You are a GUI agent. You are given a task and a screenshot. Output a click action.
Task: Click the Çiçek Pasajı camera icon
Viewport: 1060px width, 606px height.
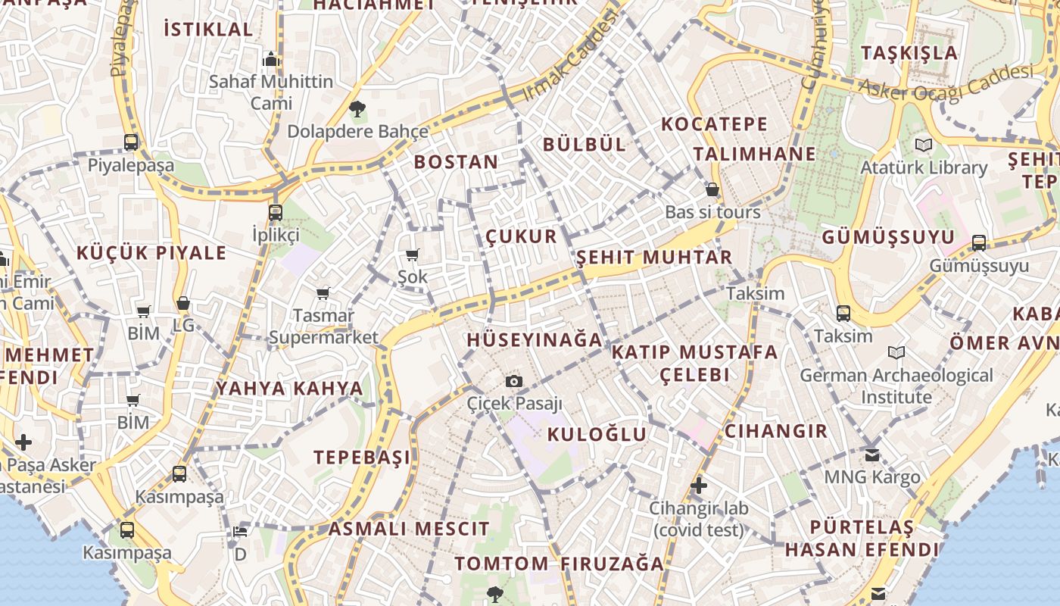514,381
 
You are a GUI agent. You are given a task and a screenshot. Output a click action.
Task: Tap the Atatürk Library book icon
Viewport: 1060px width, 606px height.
923,145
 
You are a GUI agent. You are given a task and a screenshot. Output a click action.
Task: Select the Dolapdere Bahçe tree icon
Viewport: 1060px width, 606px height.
357,109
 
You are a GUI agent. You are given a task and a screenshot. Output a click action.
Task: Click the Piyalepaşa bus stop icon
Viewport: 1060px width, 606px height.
131,142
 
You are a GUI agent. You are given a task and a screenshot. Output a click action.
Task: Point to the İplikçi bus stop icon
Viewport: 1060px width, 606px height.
276,212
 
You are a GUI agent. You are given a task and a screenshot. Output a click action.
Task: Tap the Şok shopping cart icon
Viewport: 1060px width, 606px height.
413,255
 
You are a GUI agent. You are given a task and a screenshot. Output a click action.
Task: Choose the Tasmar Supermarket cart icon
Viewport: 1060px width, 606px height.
323,293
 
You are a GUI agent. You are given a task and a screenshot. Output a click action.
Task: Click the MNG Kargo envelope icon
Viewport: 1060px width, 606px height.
872,454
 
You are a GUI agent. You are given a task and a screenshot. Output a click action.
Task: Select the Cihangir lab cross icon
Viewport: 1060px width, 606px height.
698,485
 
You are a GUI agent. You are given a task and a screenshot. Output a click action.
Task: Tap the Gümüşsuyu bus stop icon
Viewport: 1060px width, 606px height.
979,243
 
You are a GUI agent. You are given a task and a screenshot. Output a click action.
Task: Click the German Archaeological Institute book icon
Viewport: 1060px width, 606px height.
896,352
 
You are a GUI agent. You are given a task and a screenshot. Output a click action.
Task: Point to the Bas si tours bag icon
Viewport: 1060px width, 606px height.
712,189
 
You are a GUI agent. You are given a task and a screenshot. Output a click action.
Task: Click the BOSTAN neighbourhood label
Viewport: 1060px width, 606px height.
456,161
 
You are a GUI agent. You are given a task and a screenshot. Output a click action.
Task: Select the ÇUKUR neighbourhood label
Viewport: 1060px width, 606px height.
521,236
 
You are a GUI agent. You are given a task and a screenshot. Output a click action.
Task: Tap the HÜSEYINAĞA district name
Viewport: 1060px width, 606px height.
535,339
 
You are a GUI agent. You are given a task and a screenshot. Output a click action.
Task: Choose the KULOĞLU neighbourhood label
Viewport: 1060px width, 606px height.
597,434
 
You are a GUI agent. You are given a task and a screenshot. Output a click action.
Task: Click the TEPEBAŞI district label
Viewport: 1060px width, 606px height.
362,457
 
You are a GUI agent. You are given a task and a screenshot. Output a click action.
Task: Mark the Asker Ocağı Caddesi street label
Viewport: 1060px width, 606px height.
946,84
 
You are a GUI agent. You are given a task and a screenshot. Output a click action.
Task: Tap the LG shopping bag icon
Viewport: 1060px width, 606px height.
182,304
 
